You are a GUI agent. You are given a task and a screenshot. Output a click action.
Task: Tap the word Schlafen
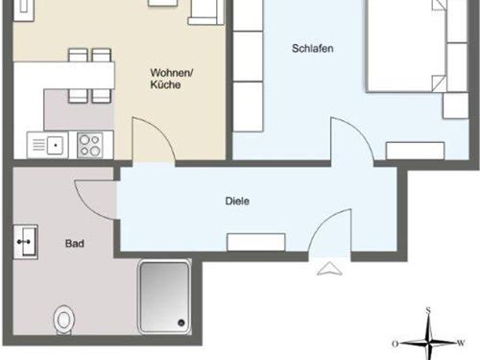click(312, 48)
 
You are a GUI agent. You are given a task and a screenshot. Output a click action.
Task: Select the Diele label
click(237, 202)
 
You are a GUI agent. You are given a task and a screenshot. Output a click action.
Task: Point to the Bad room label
click(75, 244)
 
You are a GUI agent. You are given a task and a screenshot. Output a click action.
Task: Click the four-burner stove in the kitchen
click(91, 145)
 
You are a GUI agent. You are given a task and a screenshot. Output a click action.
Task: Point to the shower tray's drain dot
click(180, 322)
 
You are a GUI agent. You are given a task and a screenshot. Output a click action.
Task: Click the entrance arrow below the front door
click(327, 268)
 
